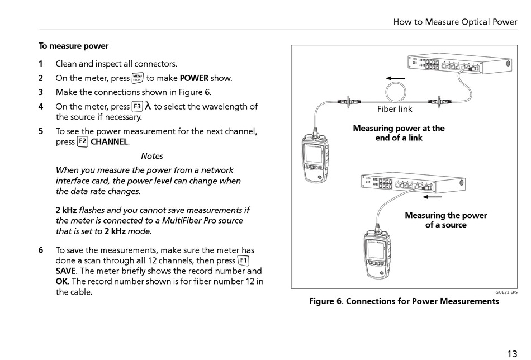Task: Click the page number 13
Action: point(512,353)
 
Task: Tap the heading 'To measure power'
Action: point(73,46)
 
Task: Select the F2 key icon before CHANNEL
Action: point(82,141)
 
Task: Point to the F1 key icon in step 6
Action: point(243,260)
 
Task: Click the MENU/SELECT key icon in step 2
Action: point(138,78)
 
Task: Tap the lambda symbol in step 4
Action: point(148,106)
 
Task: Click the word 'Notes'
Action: point(152,156)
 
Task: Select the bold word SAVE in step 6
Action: point(66,271)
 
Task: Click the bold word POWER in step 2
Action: point(194,78)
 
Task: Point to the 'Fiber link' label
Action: point(395,109)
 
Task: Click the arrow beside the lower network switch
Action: point(432,196)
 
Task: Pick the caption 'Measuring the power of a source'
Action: point(445,220)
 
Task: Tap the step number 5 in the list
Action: point(41,131)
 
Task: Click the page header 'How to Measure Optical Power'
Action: point(455,22)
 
